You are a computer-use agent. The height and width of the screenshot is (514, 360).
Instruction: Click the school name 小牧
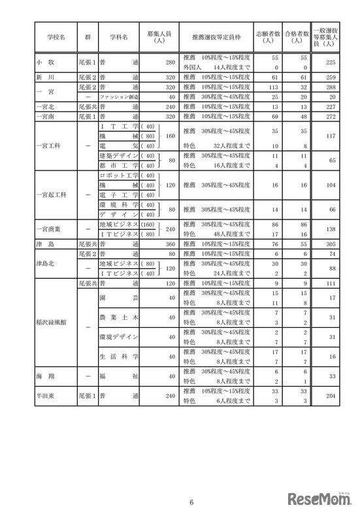click(x=52, y=63)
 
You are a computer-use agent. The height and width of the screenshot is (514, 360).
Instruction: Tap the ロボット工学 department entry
click(x=118, y=176)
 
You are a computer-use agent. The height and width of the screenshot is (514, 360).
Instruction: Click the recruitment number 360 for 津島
click(x=167, y=244)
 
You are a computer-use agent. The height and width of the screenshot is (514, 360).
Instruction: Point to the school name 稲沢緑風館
click(x=52, y=321)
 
